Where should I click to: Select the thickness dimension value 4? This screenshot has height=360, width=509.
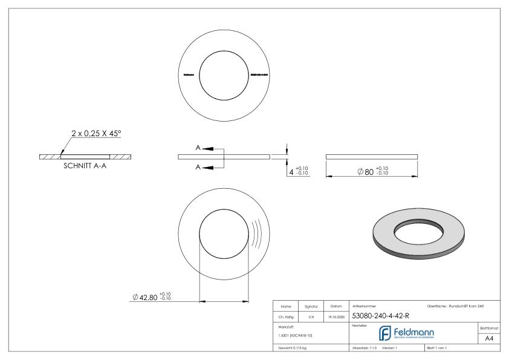pos(291,172)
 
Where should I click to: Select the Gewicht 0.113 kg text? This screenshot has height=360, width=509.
pos(293,348)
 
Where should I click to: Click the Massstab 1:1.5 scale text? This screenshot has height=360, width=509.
pos(364,348)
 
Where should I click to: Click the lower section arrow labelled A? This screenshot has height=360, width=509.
pos(205,167)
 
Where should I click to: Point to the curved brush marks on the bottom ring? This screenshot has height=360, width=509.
pos(256,233)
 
